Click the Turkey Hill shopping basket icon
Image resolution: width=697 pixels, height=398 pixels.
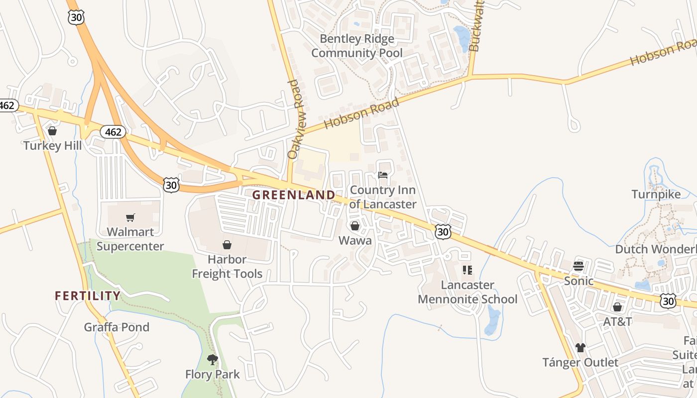52,131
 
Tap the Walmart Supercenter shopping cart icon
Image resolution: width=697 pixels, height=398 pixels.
130,217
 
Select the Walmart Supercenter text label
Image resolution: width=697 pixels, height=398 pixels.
130,239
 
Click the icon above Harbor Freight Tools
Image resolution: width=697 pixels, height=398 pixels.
227,245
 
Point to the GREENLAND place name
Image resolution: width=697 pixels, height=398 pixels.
293,195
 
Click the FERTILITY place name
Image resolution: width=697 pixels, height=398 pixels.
88,296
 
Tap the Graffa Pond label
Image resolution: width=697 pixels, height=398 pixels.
116,327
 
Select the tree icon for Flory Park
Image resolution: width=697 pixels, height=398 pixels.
213,359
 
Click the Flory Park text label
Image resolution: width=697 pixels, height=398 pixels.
213,374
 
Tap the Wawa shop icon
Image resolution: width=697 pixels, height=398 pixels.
355,226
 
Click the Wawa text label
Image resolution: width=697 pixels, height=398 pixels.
355,241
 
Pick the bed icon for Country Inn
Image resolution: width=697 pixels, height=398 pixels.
383,175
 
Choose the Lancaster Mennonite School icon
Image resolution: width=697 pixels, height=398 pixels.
467,270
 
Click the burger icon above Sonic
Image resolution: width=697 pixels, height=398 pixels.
578,266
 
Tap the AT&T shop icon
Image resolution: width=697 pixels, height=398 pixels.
617,307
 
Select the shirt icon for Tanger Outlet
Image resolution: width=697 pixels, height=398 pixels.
581,347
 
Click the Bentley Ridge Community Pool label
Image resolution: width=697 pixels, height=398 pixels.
357,46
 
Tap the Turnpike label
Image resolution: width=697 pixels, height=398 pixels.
656,194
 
